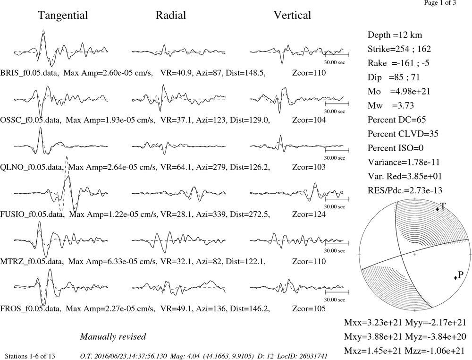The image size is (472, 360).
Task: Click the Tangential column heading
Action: point(63,16)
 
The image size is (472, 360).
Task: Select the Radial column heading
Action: point(171,15)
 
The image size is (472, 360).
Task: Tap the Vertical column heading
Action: point(292,15)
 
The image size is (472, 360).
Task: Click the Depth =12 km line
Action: point(395,35)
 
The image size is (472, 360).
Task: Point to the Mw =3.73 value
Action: point(391,105)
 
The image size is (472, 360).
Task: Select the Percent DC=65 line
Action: point(397,120)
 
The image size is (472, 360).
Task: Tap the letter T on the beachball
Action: point(443,206)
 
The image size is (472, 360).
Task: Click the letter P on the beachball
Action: point(460,274)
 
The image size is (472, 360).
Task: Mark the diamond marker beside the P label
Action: point(455,277)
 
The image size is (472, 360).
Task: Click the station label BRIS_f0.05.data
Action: point(29,73)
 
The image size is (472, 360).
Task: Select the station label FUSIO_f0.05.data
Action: point(32,214)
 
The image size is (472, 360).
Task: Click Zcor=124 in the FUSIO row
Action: point(309,214)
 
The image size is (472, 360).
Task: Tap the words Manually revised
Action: point(113,336)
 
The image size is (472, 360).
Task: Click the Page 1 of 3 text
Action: point(440,3)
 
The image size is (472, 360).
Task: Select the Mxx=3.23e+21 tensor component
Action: point(373,323)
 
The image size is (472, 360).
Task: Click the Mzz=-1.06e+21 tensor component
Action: point(436,351)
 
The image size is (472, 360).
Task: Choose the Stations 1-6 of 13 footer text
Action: point(30,356)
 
